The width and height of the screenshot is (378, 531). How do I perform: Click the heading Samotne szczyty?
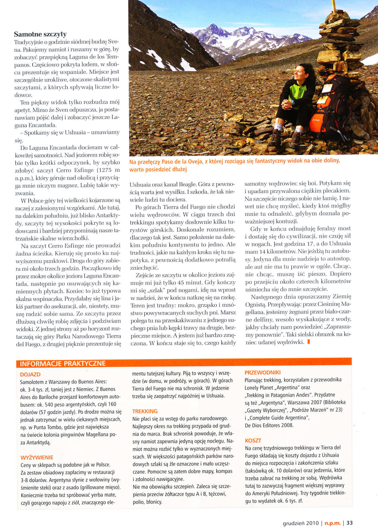tap(40, 34)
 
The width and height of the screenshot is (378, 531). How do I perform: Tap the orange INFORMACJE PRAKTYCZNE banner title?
tap(63, 363)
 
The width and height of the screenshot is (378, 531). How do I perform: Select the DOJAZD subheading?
tap(30, 375)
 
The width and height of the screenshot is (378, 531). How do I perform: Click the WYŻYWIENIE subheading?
tap(37, 457)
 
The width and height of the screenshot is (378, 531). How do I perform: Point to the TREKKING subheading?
tap(145, 411)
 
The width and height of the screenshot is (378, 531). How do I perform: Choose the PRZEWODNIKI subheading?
tap(262, 372)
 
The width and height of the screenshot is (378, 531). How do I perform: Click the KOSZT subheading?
tap(253, 440)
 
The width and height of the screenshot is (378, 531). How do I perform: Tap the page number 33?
tap(350, 523)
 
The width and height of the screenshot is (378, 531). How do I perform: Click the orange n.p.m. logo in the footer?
tap(332, 523)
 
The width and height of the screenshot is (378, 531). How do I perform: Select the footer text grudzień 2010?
tap(301, 523)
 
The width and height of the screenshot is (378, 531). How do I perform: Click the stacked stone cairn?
tap(337, 44)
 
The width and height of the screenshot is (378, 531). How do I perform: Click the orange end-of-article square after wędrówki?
tap(308, 342)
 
